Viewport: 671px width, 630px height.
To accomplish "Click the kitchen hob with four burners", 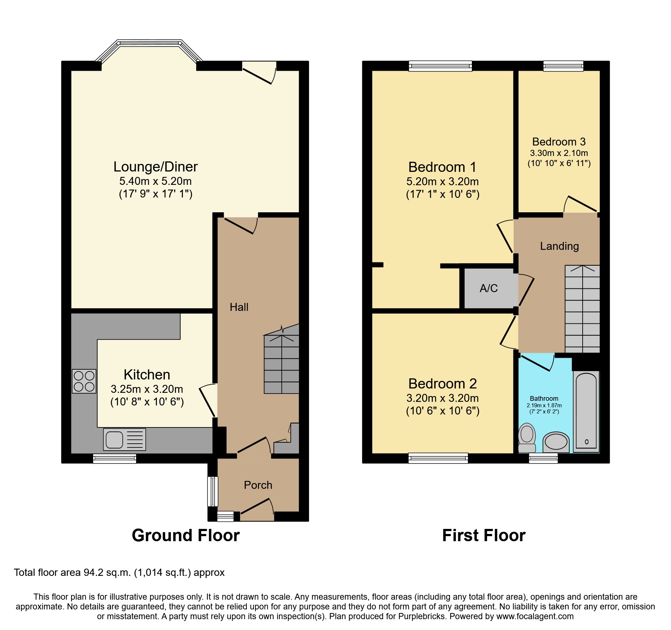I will click(84, 381).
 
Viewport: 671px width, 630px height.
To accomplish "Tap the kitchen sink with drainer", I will click(124, 439).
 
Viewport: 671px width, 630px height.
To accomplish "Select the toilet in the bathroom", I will click(527, 437).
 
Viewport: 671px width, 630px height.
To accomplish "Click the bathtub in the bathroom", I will click(586, 412).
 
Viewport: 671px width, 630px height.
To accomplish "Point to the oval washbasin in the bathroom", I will click(556, 442).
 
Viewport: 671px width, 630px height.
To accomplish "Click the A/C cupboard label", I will click(489, 288).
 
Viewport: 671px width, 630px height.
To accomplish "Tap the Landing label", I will click(559, 246).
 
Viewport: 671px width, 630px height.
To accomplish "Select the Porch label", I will click(258, 485).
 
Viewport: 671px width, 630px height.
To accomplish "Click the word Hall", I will click(239, 307).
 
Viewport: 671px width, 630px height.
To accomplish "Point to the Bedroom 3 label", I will click(559, 142).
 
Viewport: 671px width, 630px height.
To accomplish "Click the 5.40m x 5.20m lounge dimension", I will click(155, 181).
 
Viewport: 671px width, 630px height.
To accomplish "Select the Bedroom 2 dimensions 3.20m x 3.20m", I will click(443, 398).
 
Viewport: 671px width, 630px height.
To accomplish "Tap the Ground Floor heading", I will click(185, 535).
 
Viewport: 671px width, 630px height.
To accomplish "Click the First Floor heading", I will click(483, 535).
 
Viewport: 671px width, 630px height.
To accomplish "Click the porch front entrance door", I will click(257, 509).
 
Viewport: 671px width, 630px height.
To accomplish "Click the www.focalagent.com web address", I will click(535, 616).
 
